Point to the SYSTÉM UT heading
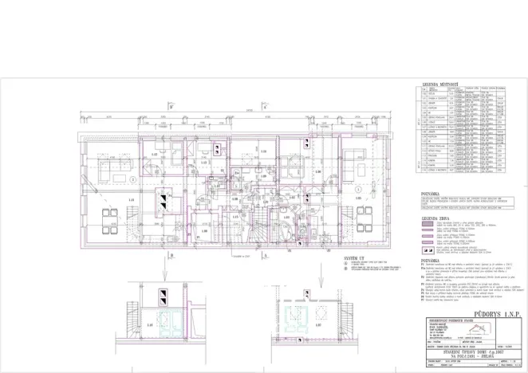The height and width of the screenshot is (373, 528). (355, 259)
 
